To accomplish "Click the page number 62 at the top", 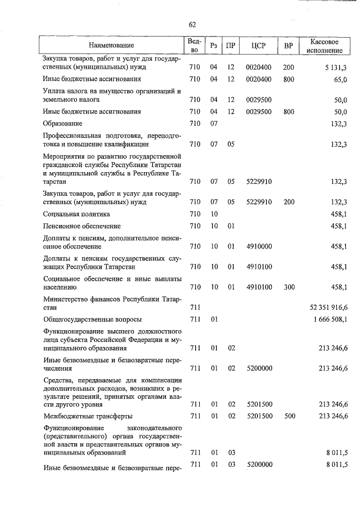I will (x=192, y=24).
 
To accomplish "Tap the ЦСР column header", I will (x=259, y=45).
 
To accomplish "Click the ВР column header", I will (x=289, y=45).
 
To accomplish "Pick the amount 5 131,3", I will (x=336, y=67).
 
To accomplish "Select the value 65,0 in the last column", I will (x=340, y=79).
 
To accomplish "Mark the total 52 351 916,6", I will (x=328, y=308).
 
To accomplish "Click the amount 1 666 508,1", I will (x=330, y=319).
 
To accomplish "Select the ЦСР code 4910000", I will (x=259, y=246).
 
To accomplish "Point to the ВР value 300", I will (x=289, y=287).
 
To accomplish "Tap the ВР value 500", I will (x=289, y=416).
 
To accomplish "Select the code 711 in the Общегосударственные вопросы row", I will (x=195, y=319).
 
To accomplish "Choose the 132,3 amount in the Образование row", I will (x=339, y=123).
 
